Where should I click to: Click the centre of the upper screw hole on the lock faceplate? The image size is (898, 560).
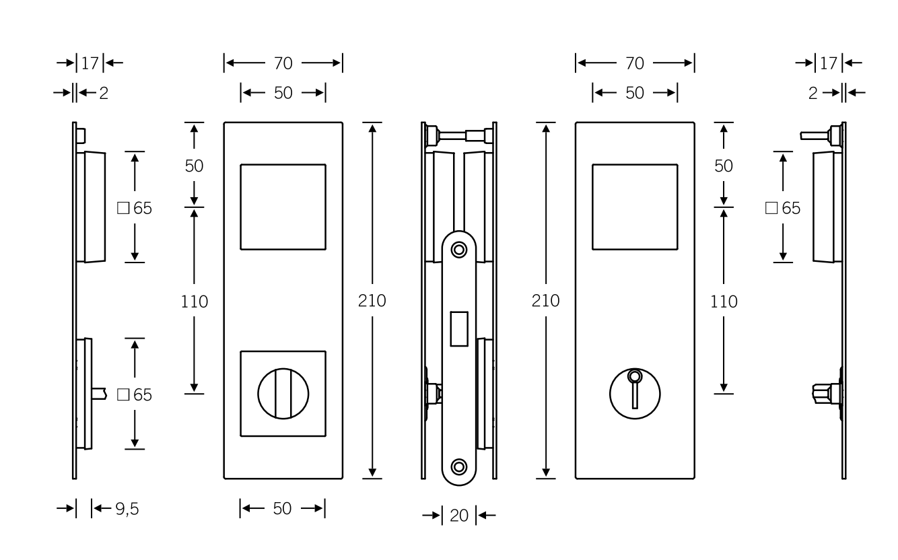[x=459, y=250]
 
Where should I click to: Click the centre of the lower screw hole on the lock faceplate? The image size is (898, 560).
[x=459, y=467]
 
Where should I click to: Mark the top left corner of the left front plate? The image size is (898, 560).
[x=224, y=123]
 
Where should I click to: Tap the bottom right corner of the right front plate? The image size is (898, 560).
[x=694, y=479]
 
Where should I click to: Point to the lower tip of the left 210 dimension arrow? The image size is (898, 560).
[x=372, y=477]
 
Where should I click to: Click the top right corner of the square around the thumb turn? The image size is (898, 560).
[x=326, y=351]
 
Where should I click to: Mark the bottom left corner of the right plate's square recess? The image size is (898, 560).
[x=592, y=249]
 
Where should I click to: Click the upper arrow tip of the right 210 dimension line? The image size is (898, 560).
[x=546, y=125]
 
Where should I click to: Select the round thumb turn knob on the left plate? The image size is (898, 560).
[x=283, y=394]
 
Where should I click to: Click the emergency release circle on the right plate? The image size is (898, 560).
[x=635, y=394]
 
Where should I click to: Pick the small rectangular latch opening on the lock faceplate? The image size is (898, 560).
[x=459, y=328]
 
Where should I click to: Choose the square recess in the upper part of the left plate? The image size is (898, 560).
[x=283, y=207]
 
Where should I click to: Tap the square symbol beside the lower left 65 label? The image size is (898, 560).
[x=123, y=395]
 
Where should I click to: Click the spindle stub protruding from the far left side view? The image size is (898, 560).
[x=99, y=394]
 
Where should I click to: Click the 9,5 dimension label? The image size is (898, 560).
[x=127, y=509]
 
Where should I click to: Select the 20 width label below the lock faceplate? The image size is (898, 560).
[x=459, y=516]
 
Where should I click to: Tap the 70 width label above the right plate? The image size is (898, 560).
[x=635, y=63]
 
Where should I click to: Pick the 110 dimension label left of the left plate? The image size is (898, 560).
[x=195, y=302]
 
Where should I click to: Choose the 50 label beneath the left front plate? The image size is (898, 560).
[x=282, y=509]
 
